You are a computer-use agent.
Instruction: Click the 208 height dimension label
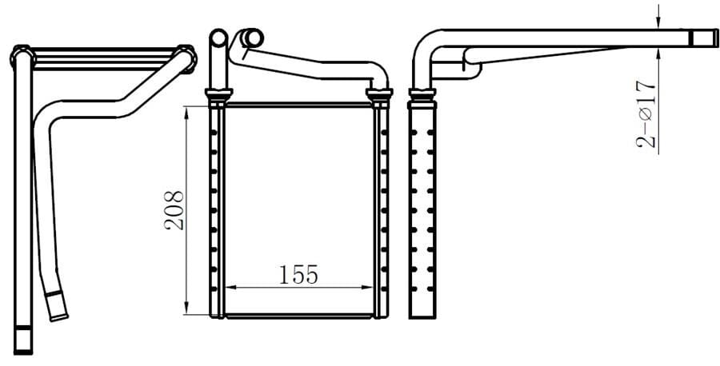(174, 210)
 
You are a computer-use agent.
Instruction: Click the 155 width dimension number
(298, 275)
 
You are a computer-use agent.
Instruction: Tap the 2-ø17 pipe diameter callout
(646, 114)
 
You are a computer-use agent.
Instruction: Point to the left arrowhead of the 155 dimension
(231, 288)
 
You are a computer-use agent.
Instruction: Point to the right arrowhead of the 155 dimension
(367, 288)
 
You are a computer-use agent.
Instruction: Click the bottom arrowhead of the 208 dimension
(186, 308)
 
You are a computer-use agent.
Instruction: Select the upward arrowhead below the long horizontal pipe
(658, 54)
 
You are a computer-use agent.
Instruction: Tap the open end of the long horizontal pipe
(704, 38)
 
